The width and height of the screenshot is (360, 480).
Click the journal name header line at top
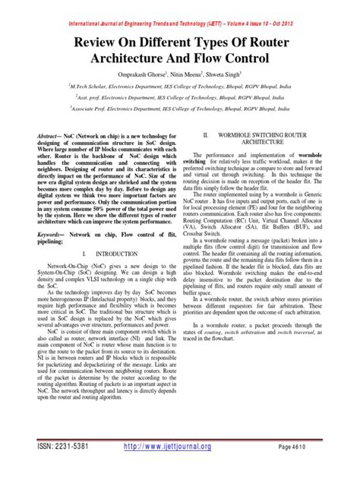tap(179, 7)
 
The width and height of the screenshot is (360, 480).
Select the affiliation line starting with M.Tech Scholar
tap(180, 87)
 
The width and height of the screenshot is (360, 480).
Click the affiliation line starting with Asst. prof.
tap(180, 98)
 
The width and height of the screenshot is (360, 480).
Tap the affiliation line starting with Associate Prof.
tap(180, 109)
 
